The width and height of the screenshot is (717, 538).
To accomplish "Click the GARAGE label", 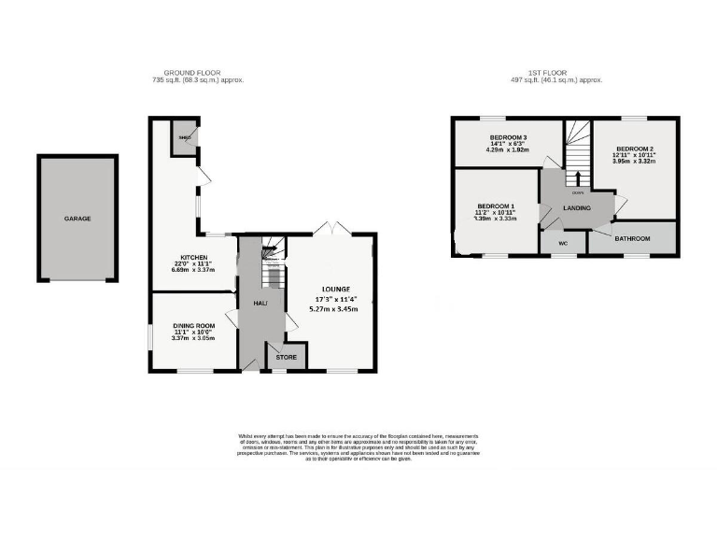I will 77,219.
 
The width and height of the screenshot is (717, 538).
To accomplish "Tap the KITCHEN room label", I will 193,255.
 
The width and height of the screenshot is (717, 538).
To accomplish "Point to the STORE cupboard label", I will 286,357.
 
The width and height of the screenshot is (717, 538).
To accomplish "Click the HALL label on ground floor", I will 260,304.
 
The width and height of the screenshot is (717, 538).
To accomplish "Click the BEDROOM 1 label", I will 495,205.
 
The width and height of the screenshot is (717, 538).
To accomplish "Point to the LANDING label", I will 577,207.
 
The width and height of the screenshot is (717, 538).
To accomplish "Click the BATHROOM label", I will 631,239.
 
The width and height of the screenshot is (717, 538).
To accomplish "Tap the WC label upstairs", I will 563,244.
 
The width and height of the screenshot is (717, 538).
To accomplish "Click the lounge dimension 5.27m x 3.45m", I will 335,309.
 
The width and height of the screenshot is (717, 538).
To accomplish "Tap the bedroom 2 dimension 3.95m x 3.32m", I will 634,162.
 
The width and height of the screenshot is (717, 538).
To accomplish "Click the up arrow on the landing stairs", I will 578,177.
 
